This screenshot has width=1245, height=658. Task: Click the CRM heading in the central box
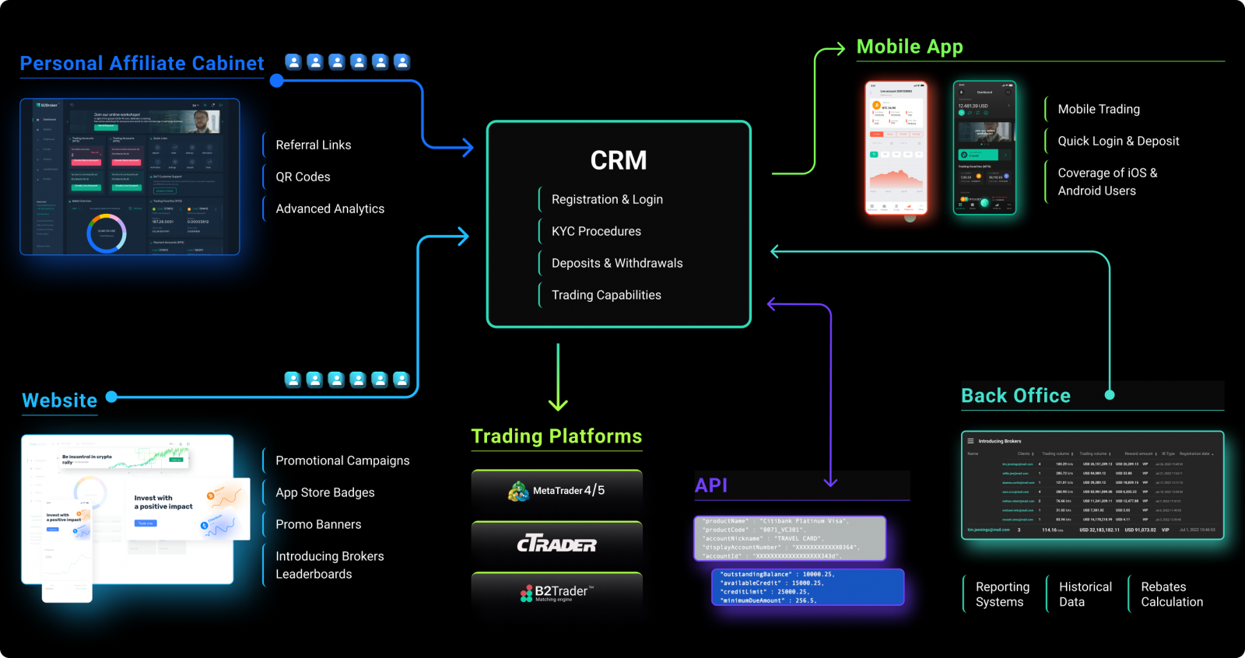point(619,160)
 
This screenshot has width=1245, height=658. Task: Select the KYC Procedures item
point(596,231)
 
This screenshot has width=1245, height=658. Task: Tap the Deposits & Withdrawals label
point(616,263)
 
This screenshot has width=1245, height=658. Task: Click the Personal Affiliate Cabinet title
point(142,63)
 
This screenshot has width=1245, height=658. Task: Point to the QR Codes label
point(303,177)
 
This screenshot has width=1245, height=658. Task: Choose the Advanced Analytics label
point(329,208)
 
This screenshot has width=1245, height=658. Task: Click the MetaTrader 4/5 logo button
point(557,491)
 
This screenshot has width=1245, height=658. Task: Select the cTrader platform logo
point(557,544)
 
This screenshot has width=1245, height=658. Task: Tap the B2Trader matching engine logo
point(557,593)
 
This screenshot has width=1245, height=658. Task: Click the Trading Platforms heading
point(556,436)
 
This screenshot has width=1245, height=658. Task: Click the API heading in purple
point(711,485)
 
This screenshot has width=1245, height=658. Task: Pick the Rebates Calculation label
point(1171,594)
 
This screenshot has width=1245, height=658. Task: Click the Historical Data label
point(1085,594)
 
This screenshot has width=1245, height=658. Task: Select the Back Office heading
point(1015,396)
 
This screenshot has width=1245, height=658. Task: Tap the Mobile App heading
point(910,47)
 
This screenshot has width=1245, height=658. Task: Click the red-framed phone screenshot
point(896,148)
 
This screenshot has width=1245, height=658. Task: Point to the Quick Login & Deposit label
point(1118,141)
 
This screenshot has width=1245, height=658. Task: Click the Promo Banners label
point(318,524)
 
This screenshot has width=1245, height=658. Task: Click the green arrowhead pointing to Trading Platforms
point(558,404)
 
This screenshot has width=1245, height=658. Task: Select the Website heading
point(60,401)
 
